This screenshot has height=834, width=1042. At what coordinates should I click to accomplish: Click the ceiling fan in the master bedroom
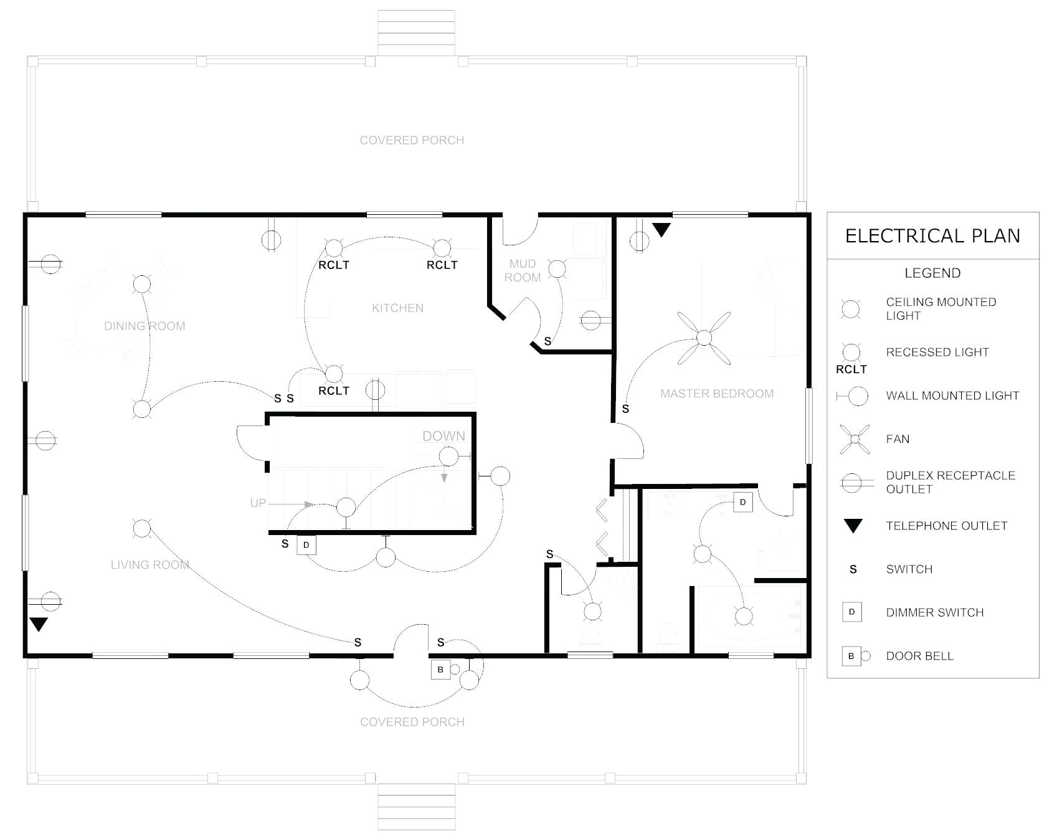pos(704,338)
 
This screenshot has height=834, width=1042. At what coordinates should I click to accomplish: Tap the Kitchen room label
pos(397,308)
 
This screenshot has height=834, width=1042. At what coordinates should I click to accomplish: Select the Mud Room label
pos(522,270)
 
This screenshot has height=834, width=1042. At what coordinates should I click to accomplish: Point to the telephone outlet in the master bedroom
pos(661,230)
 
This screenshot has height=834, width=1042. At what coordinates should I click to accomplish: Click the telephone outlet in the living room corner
pos(39,624)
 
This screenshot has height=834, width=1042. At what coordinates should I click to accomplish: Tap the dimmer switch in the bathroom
pos(742,502)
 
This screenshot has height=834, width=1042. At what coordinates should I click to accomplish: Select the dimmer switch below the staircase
pos(306,545)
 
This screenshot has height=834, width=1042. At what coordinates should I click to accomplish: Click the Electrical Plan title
pos(932,236)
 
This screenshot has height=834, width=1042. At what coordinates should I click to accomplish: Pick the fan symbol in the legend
pos(855,439)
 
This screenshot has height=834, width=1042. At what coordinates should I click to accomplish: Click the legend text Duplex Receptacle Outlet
pos(950,482)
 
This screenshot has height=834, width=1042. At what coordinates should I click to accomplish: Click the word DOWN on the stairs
pos(443,436)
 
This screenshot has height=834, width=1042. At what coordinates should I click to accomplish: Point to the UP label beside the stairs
pos(258,503)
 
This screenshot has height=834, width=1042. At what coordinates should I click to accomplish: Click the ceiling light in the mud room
pos(557,269)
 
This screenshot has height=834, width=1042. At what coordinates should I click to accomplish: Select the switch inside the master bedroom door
pos(625,409)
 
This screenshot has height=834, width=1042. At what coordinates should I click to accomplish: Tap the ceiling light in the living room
pos(142,529)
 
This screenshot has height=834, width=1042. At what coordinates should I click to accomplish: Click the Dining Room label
pos(144,326)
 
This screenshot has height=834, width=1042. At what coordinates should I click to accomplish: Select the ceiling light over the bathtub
pos(744,616)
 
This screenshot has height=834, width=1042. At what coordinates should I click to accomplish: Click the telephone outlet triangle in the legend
pos(853,526)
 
